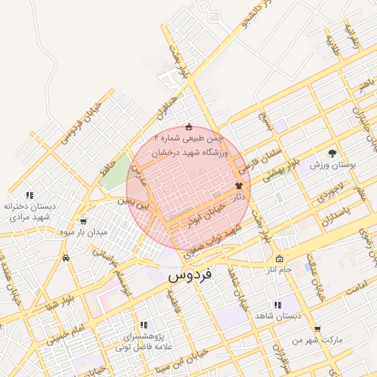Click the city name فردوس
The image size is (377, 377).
190,275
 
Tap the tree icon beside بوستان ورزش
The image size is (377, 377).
333,155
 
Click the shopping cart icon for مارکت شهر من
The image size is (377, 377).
317,329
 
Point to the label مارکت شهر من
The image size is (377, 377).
317,341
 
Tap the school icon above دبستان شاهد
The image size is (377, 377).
278,305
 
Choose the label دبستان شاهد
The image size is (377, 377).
278,316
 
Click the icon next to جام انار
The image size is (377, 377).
279,259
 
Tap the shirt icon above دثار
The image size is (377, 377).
238,186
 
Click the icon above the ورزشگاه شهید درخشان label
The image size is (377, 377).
189,126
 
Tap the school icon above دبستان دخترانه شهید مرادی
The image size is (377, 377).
29,195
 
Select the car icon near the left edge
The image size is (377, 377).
66,258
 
